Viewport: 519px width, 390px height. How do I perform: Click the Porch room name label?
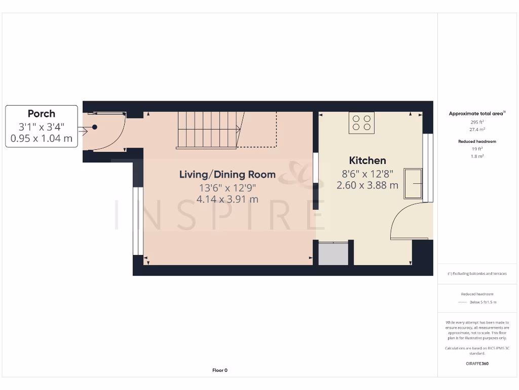42,114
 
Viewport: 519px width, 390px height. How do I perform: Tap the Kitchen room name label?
367,160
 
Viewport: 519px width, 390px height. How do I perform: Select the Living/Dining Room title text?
228,175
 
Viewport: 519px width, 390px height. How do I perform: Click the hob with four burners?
361,123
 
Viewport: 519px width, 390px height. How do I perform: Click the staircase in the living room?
208,130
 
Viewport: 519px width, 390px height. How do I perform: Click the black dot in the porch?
94,127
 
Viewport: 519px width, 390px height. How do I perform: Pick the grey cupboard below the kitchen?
333,253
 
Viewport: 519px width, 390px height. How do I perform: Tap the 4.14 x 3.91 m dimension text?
228,199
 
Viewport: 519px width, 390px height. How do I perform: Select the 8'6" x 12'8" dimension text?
367,173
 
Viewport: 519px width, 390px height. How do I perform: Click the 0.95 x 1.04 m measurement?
42,138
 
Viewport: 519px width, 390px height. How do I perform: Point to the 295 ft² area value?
477,122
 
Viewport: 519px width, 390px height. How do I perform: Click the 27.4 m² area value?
477,129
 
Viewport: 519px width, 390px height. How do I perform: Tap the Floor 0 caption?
219,370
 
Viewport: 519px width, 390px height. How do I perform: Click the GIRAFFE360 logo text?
477,364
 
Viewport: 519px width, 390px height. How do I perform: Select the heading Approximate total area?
476,114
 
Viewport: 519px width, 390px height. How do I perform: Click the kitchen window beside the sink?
427,168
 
